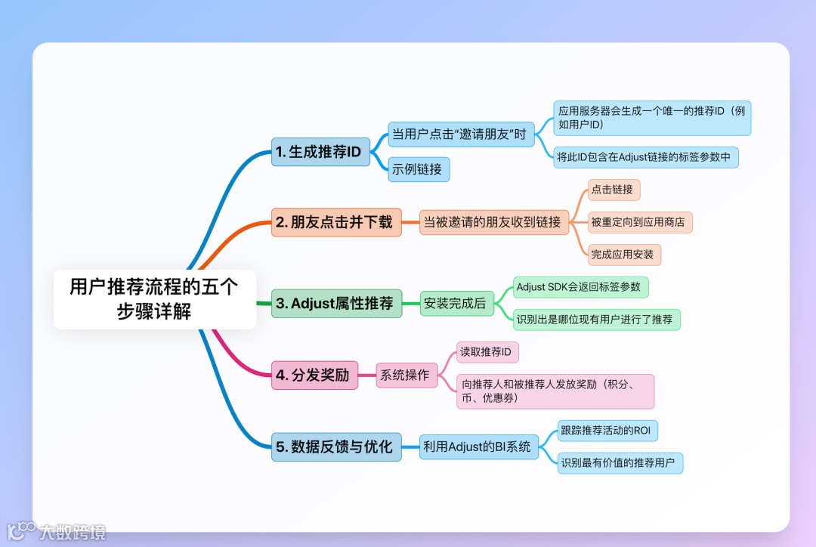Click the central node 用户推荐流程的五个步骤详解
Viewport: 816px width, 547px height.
coord(155,299)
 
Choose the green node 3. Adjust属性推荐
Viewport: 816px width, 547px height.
coord(336,304)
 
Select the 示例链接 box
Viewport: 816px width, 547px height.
coord(419,169)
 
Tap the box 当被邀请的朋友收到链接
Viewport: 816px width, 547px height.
coord(494,222)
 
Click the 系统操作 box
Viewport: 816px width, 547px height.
coord(406,375)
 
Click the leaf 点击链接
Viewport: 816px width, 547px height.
coord(614,190)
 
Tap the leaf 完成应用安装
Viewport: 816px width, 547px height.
coord(624,254)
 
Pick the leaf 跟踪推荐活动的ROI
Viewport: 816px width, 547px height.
coord(607,431)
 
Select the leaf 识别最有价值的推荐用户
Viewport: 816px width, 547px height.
coord(620,463)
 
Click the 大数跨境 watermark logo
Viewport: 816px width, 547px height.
coord(57,531)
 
